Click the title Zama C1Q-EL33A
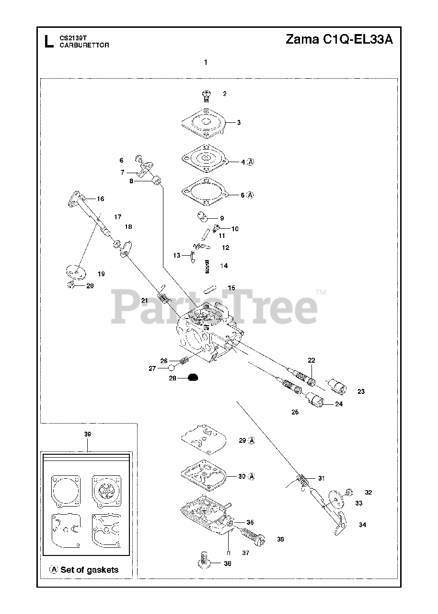click(x=339, y=40)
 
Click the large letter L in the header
click(x=48, y=42)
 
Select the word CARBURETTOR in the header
click(x=84, y=46)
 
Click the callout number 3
click(x=239, y=122)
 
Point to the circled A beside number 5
click(x=250, y=195)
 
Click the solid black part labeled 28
click(x=180, y=378)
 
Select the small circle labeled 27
click(x=170, y=368)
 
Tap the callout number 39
click(x=87, y=434)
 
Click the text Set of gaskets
click(x=89, y=570)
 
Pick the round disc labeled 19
click(x=75, y=271)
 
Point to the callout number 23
click(x=361, y=391)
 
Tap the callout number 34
click(x=362, y=525)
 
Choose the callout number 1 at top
click(x=206, y=62)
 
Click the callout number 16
click(x=100, y=199)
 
